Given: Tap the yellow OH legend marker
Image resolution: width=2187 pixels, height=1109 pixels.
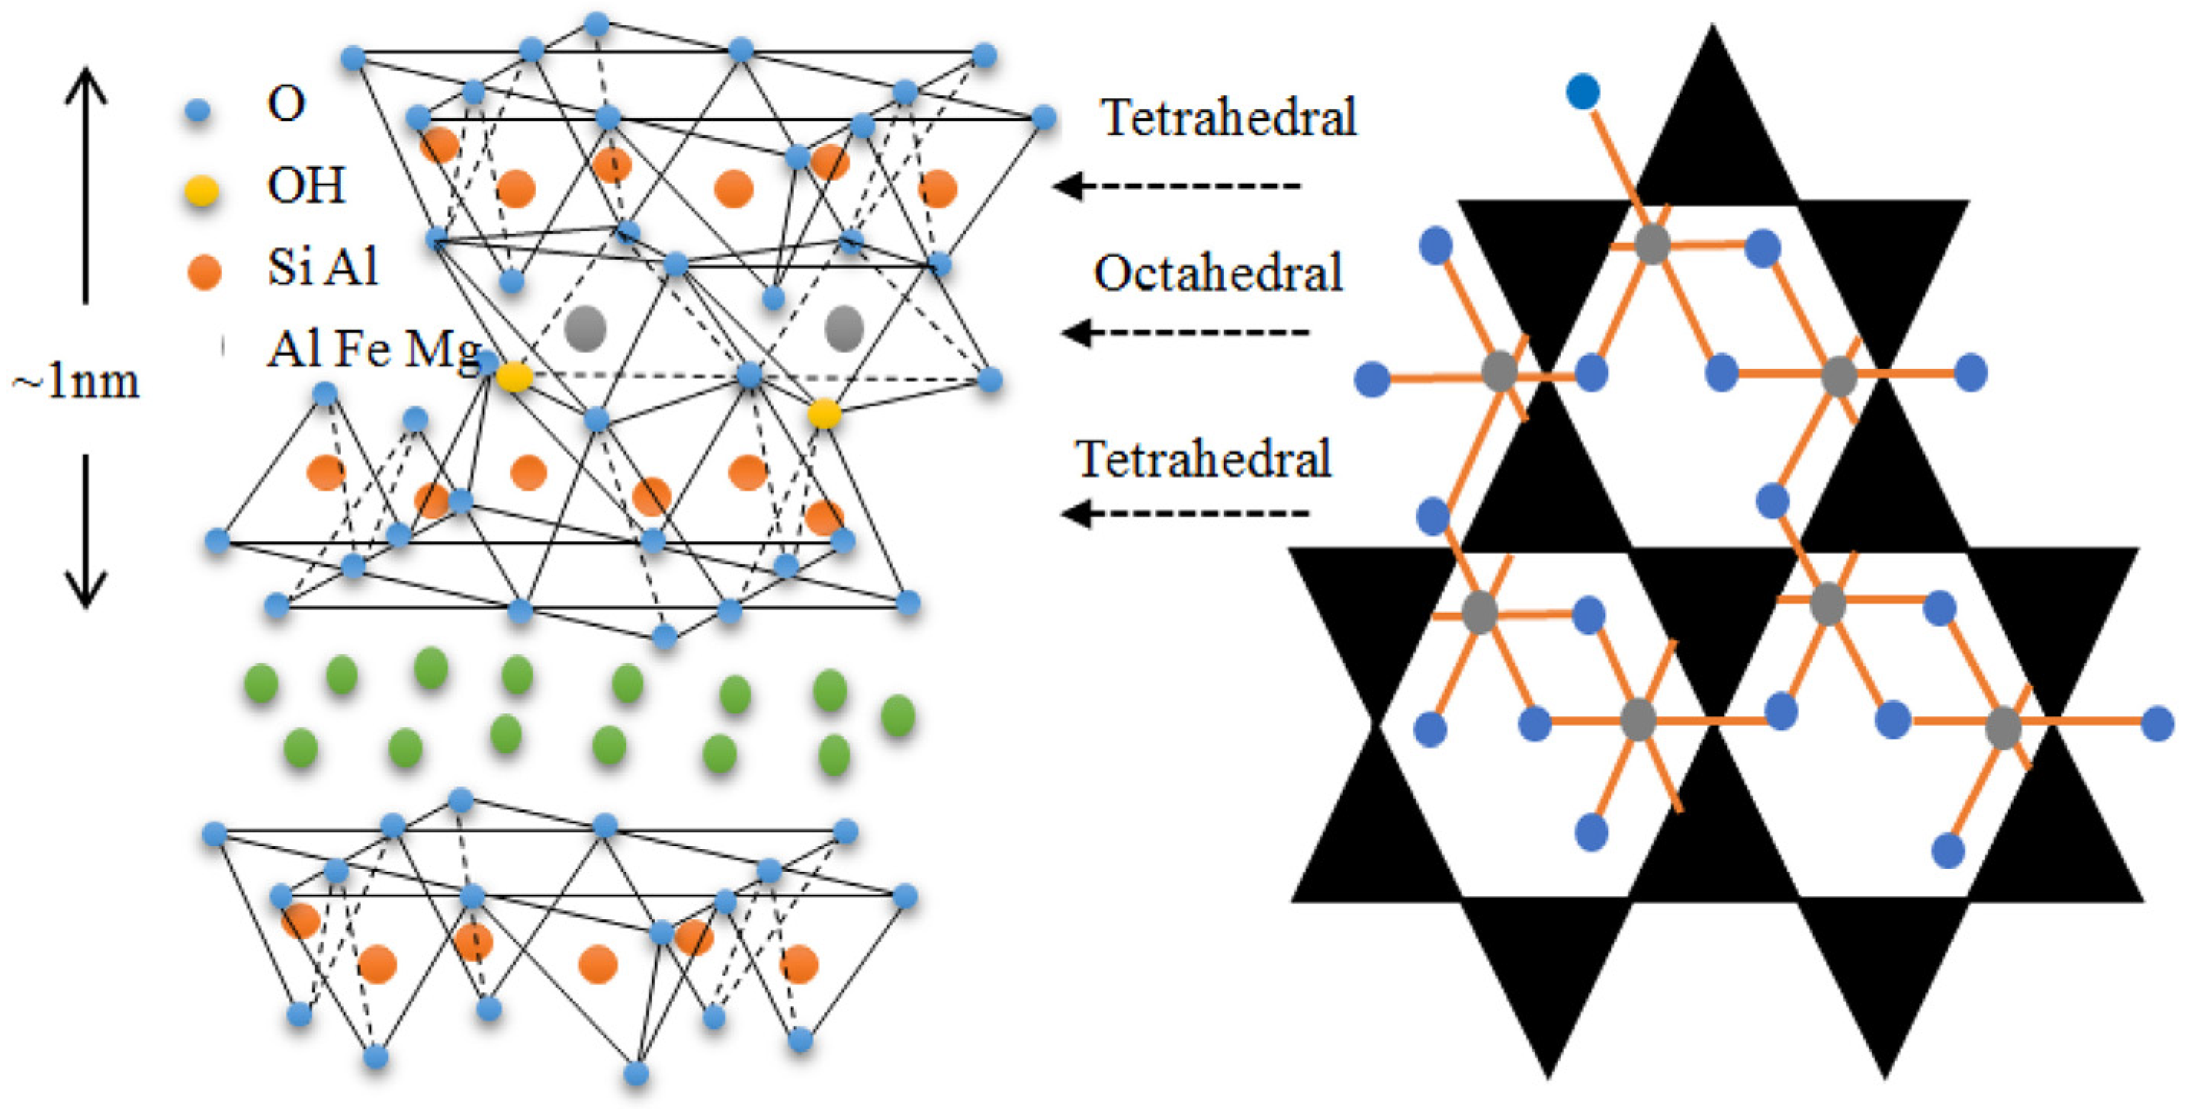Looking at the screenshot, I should [202, 191].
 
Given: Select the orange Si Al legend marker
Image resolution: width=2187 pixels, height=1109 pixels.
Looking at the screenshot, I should [204, 272].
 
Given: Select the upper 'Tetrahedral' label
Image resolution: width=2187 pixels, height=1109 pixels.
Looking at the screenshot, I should [1228, 117].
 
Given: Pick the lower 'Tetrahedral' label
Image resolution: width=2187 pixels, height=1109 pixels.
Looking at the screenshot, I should [1203, 459].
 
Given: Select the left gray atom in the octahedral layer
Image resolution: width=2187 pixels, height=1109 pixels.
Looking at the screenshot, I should [586, 329].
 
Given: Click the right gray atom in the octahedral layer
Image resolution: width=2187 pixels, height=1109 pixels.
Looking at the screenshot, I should [844, 329].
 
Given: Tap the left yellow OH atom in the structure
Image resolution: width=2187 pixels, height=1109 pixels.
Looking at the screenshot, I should [514, 377].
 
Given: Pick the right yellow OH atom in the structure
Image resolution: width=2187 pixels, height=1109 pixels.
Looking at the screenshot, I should [824, 414].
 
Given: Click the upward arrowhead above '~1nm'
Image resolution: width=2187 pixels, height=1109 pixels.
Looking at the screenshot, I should [85, 85].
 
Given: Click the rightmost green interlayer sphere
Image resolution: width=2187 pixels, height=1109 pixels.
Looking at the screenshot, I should [898, 714].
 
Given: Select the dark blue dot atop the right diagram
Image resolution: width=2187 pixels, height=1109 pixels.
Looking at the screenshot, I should [1582, 91].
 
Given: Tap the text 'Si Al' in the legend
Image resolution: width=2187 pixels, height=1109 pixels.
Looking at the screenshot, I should [322, 268].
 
